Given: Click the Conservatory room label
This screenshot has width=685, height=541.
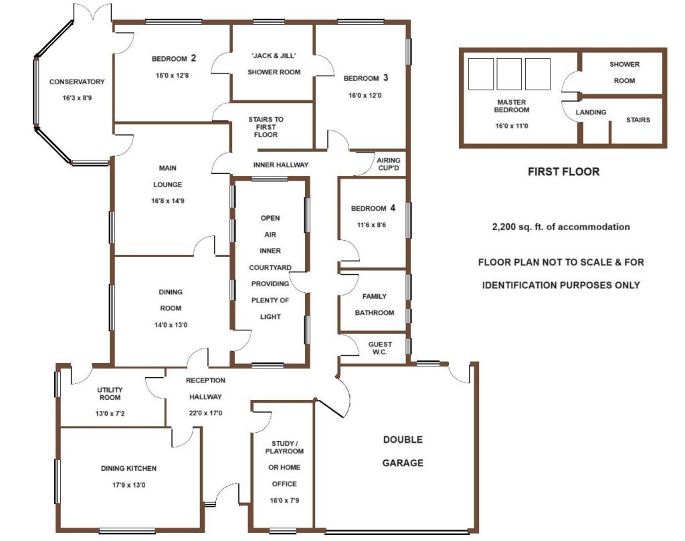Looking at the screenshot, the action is click(x=77, y=82).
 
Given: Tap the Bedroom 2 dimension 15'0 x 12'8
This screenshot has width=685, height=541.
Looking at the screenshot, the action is click(x=172, y=75).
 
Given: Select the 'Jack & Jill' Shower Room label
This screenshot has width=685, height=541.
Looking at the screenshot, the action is click(x=274, y=64).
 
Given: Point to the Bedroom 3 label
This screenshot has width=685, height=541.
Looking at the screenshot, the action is click(x=366, y=78).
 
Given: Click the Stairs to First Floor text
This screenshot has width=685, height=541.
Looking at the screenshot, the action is click(x=266, y=127).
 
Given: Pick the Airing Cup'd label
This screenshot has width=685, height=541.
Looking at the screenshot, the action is click(x=389, y=165).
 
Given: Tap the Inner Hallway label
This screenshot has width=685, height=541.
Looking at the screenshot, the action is click(x=281, y=165).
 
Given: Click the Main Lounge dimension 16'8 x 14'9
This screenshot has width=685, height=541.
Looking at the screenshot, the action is click(x=168, y=201).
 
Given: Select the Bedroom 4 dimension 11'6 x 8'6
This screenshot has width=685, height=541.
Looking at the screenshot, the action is click(x=371, y=225).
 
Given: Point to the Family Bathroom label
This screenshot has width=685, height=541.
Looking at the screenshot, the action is click(x=375, y=304).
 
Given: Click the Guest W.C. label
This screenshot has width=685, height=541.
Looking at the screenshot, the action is click(x=380, y=348).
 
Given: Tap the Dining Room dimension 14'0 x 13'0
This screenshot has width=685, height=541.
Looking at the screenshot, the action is click(x=171, y=325).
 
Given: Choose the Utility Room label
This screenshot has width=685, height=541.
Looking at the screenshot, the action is click(x=110, y=393).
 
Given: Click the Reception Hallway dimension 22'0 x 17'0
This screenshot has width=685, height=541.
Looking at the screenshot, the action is click(x=205, y=413).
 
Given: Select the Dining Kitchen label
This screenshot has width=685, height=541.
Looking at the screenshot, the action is click(x=128, y=468).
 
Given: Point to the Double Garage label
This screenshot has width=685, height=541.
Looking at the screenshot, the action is click(x=403, y=451).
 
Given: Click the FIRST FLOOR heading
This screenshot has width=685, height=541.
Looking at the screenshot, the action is click(x=563, y=172).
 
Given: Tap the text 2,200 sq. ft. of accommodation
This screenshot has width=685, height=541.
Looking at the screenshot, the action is click(x=561, y=227).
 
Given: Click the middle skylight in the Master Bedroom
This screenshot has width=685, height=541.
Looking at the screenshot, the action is click(x=509, y=74).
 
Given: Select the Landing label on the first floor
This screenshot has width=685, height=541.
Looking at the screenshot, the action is click(x=591, y=112).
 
